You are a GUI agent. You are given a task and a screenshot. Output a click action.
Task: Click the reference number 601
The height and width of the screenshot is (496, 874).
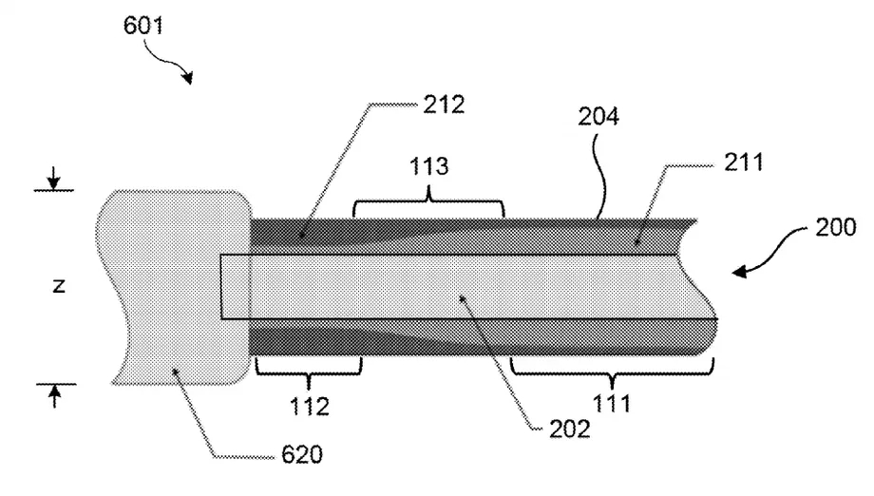(143, 26)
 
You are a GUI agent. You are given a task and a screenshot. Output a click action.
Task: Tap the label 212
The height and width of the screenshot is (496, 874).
(444, 105)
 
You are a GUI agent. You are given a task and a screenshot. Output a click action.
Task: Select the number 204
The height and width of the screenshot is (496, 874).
(598, 117)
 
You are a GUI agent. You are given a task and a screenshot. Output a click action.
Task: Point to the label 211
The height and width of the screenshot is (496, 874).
(743, 162)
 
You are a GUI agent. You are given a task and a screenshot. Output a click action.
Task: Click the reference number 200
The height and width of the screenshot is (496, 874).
(836, 227)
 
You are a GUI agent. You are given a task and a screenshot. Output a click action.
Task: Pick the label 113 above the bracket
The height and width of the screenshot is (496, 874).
(428, 166)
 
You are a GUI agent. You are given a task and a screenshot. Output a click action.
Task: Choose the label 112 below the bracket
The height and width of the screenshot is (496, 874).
(310, 407)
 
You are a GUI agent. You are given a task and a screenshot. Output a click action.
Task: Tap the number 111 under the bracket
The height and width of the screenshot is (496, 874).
(612, 403)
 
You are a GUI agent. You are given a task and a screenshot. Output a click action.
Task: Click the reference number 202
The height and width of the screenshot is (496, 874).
(569, 429)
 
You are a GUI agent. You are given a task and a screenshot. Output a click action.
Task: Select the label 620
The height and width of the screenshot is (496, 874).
(301, 455)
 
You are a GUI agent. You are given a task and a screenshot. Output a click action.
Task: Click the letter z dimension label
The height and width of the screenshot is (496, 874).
(59, 286)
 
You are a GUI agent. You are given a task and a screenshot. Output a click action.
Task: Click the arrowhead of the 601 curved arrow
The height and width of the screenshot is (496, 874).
(188, 77)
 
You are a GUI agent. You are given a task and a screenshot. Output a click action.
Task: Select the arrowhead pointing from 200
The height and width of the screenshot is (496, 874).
(739, 272)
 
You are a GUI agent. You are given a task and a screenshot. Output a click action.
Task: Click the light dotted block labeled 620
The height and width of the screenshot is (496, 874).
(174, 287)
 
